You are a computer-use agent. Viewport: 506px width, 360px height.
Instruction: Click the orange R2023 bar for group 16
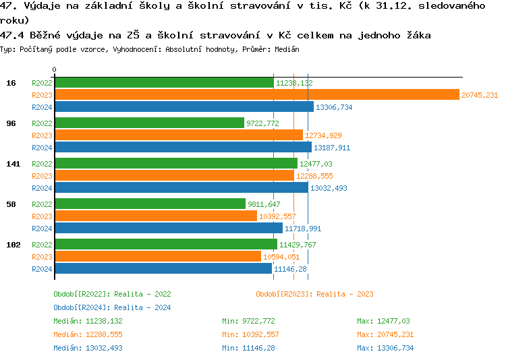[x=256, y=95]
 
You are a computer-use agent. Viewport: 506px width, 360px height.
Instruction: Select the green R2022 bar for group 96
[x=149, y=123]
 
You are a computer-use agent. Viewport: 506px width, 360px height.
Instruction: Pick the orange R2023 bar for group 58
[x=156, y=216]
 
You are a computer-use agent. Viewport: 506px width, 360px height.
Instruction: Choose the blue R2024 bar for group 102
[x=163, y=269]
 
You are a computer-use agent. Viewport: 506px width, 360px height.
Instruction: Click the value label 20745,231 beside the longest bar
[x=480, y=95]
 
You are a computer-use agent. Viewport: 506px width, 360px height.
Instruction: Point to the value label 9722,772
[x=262, y=123]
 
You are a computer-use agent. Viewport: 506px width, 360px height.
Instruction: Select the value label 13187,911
[x=332, y=148]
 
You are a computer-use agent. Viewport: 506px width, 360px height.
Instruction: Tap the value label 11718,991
[x=303, y=229]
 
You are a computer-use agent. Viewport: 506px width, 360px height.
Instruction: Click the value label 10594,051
[x=281, y=257]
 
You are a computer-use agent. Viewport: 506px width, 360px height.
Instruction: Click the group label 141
[x=13, y=164]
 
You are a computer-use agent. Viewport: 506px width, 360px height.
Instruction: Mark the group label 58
[x=11, y=204]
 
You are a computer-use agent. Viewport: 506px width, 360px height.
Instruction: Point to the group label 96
[x=11, y=123]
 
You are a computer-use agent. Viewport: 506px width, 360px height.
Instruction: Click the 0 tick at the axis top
[x=55, y=69]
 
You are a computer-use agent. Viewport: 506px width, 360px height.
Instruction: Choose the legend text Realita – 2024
[x=142, y=307]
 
